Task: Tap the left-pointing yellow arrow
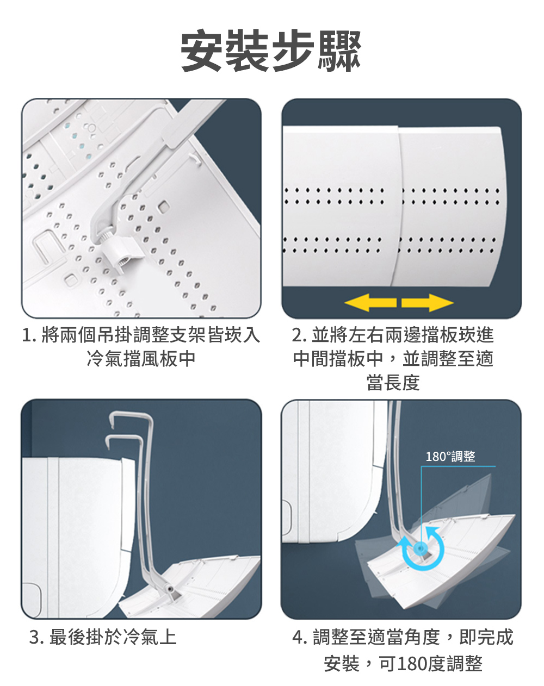(370, 303)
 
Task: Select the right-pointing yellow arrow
(427, 303)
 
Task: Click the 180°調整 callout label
(450, 457)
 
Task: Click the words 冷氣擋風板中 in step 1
(141, 359)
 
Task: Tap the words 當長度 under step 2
(393, 383)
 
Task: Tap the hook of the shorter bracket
(125, 438)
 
